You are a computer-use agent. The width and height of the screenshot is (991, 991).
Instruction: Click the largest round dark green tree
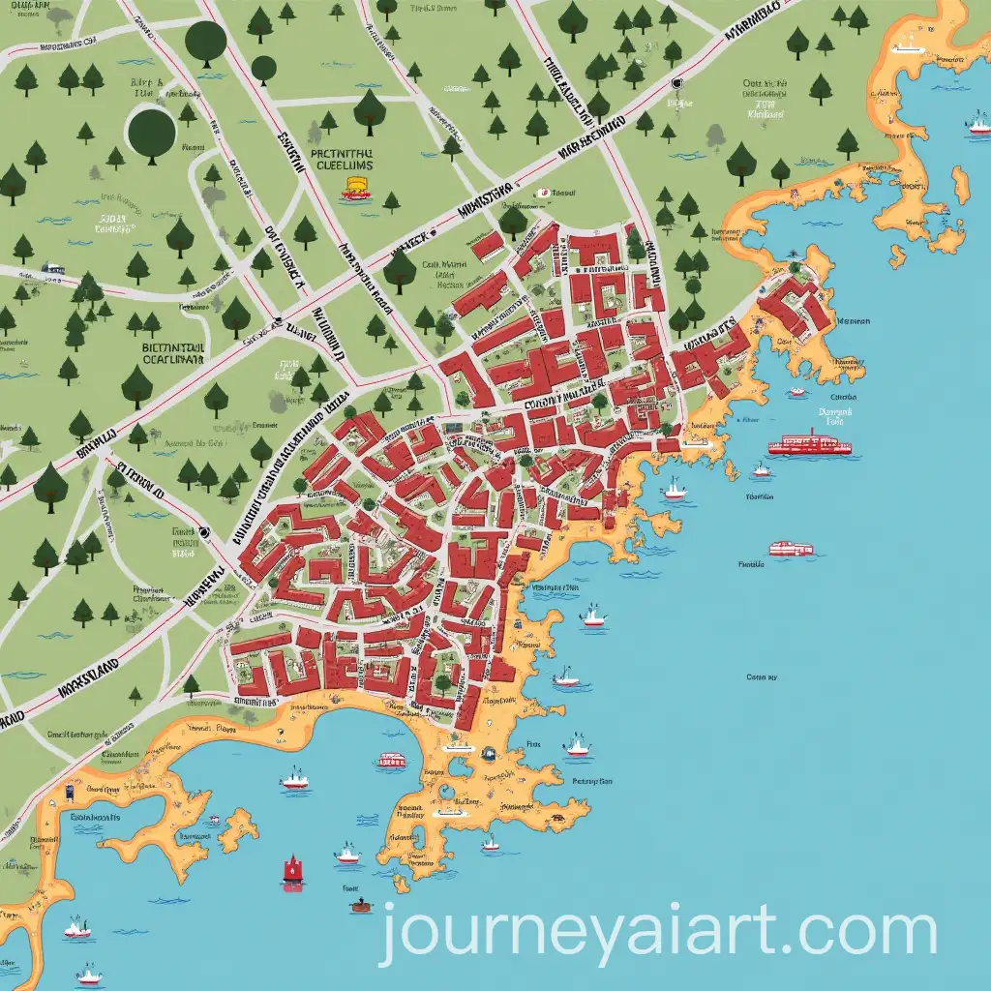[152, 131]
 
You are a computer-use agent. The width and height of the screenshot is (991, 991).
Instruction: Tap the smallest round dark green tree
[263, 67]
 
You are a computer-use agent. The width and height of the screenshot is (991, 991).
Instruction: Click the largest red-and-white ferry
[809, 446]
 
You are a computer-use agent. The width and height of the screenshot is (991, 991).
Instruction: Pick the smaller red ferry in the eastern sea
[791, 549]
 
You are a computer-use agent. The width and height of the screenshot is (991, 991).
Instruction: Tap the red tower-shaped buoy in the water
[292, 870]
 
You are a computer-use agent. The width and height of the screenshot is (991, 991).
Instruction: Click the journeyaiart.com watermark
[658, 932]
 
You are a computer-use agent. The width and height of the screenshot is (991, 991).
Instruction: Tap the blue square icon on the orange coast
[71, 793]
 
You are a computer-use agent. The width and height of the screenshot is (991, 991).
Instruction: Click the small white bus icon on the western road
[53, 268]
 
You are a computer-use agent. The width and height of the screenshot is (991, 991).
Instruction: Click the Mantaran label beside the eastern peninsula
[852, 321]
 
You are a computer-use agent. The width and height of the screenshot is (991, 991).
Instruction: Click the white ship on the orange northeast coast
[910, 45]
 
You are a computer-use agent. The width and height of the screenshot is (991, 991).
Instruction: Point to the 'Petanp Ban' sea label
[591, 781]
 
